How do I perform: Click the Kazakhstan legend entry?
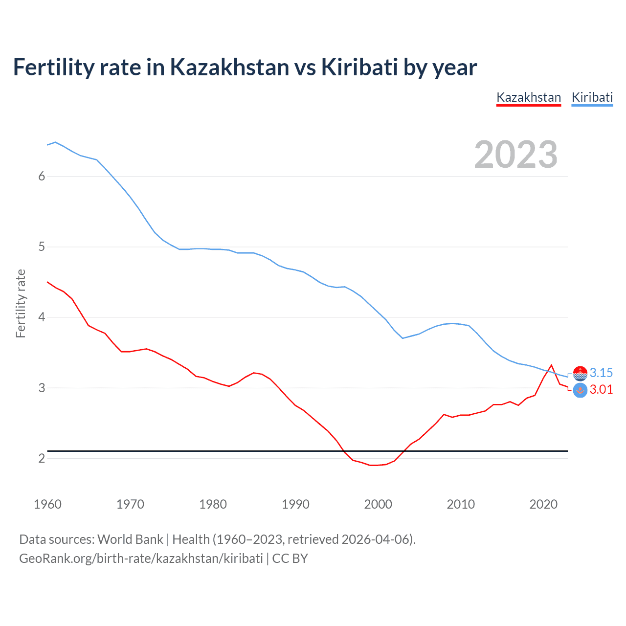(x=528, y=97)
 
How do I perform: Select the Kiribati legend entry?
(x=592, y=97)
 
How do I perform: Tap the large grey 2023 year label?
(x=515, y=155)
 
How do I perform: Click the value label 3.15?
(x=601, y=373)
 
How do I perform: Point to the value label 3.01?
(x=601, y=389)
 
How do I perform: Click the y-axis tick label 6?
(x=42, y=176)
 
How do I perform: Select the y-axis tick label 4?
(x=42, y=317)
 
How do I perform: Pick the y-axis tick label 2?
(x=42, y=458)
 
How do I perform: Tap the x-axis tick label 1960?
(x=47, y=504)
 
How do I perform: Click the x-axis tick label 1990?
(x=295, y=504)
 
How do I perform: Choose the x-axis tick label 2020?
(x=543, y=504)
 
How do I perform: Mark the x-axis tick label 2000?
(x=378, y=504)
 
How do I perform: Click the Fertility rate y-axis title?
(x=21, y=303)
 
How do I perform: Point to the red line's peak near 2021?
(x=552, y=365)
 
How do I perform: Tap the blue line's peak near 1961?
(x=55, y=142)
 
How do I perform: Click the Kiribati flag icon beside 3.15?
(x=580, y=373)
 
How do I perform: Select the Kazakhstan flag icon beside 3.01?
(x=580, y=390)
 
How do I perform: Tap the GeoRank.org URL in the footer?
(x=141, y=559)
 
